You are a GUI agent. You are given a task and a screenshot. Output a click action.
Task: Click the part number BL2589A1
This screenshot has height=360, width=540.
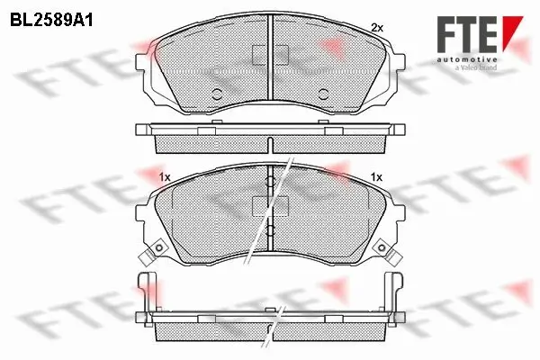(51, 21)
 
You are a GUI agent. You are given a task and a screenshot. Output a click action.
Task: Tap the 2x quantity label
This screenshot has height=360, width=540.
(377, 28)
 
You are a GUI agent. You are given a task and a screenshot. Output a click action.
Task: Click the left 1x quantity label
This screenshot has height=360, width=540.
(165, 177)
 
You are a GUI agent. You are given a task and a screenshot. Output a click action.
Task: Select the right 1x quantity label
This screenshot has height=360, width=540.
(377, 177)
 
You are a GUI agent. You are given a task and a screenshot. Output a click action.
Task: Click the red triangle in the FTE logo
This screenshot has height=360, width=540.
(510, 30)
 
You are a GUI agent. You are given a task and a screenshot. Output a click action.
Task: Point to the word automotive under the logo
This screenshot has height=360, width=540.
(467, 59)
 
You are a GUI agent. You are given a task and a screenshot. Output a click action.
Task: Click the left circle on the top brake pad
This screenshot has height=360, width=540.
(217, 94)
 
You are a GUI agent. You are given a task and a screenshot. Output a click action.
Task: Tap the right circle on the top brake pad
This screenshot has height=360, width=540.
(323, 94)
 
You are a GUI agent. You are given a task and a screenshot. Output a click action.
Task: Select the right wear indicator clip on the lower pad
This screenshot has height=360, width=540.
(387, 252)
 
